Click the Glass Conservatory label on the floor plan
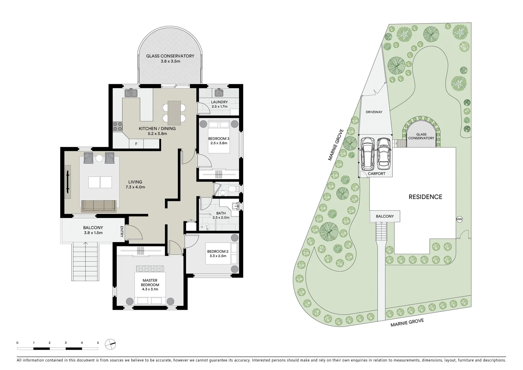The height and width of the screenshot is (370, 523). click(x=170, y=56)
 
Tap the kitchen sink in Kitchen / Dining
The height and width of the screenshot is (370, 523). click(x=131, y=92)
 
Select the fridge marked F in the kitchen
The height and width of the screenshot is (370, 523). click(x=136, y=144)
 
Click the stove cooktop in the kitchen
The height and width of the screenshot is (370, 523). click(x=118, y=126)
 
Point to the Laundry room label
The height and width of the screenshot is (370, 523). click(x=219, y=102)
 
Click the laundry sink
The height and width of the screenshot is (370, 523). click(x=219, y=92)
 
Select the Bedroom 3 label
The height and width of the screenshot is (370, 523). click(x=219, y=138)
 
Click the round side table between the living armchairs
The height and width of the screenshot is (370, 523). click(x=99, y=158)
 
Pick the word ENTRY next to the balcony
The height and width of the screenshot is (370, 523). click(x=122, y=232)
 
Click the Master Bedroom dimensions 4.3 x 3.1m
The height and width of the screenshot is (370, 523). click(x=150, y=289)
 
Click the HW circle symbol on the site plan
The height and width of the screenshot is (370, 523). click(x=459, y=219)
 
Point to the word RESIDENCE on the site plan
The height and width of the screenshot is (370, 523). click(x=426, y=197)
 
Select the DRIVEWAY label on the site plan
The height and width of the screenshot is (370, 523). click(x=374, y=112)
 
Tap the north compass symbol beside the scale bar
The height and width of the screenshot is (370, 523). click(x=110, y=344)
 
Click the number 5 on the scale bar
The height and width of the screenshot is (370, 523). click(x=98, y=343)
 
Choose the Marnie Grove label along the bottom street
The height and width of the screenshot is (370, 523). click(x=407, y=322)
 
